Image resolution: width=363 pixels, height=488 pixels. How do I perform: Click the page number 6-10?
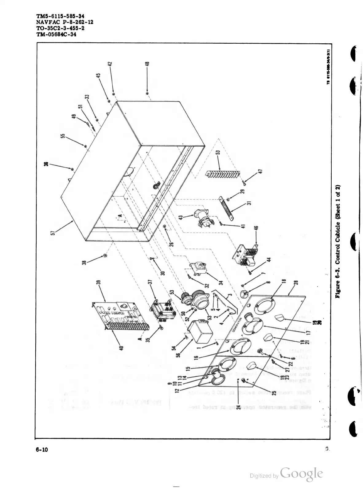coord(42,450)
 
